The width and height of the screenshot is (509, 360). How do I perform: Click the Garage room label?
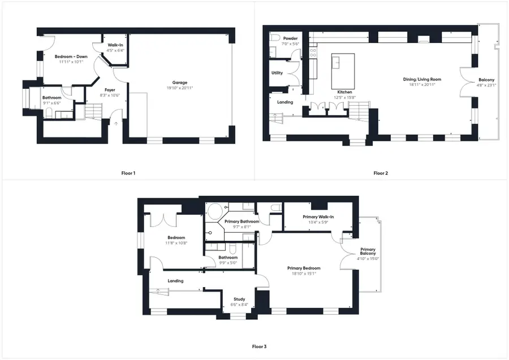(x=180, y=83)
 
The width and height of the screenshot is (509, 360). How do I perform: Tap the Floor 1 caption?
(x=128, y=173)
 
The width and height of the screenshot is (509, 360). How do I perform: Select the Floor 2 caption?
(x=381, y=173)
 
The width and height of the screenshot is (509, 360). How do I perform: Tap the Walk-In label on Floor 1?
(x=116, y=45)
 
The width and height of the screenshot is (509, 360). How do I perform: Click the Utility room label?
(x=277, y=73)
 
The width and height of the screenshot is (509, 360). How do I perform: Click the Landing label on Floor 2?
(x=285, y=102)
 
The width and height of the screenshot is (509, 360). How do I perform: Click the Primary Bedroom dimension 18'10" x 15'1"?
(x=304, y=274)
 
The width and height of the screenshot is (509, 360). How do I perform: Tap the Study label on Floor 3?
(x=240, y=299)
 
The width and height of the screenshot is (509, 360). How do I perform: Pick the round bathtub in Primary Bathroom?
(x=215, y=212)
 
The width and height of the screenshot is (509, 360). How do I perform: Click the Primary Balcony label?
(x=368, y=250)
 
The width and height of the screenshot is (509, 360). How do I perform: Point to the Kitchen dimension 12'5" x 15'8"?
(x=345, y=97)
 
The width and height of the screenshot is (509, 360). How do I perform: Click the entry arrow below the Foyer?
(x=116, y=122)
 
